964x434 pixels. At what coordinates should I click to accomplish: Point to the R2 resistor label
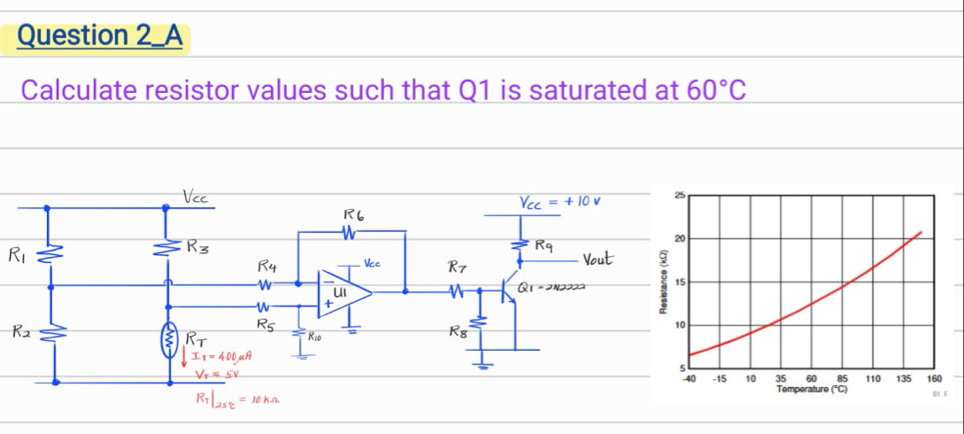[x=17, y=334]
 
